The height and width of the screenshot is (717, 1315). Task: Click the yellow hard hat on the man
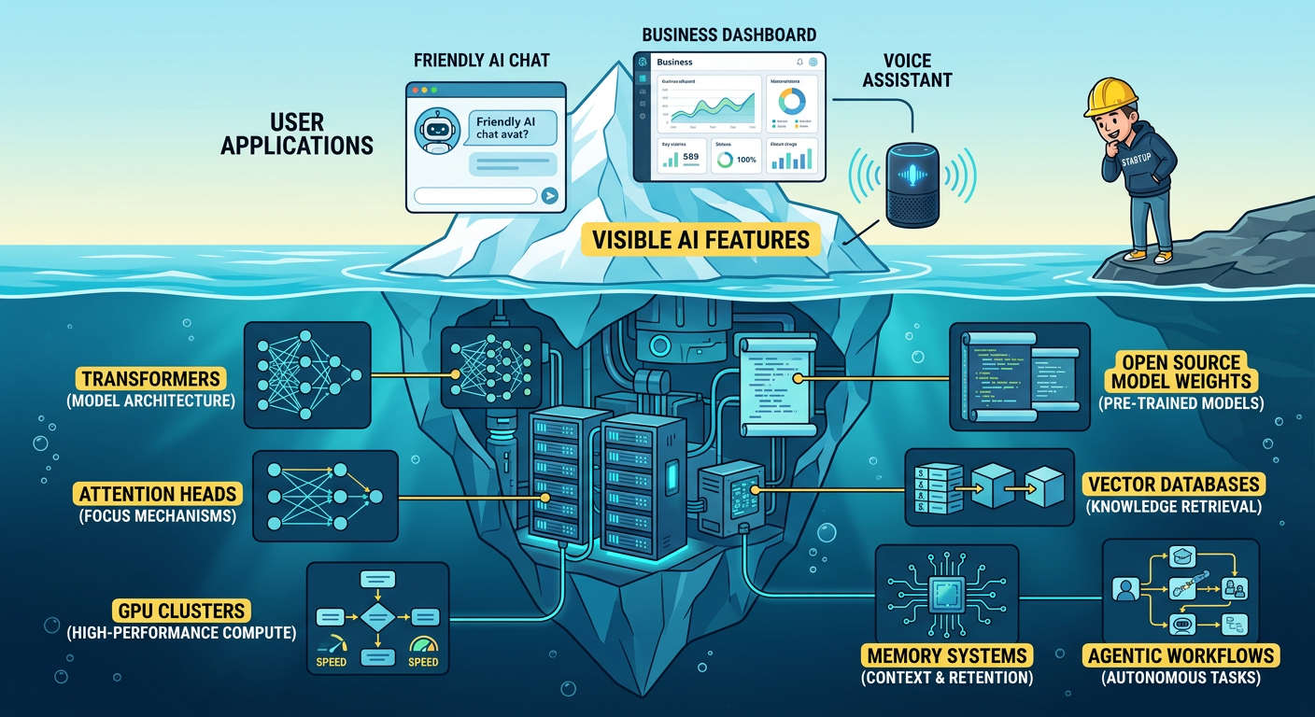[1111, 97]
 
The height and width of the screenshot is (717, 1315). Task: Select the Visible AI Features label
[700, 239]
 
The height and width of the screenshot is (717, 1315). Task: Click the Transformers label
[150, 379]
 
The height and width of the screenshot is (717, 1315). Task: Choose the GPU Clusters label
[181, 612]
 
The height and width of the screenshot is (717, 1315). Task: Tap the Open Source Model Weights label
[1181, 372]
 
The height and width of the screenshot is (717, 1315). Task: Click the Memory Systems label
[947, 655]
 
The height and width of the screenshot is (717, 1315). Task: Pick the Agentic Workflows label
[1181, 655]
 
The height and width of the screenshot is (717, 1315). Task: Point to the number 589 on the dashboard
[691, 158]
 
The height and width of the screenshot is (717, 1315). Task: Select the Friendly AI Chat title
[481, 60]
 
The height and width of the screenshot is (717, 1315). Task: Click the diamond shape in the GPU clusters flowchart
[378, 617]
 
